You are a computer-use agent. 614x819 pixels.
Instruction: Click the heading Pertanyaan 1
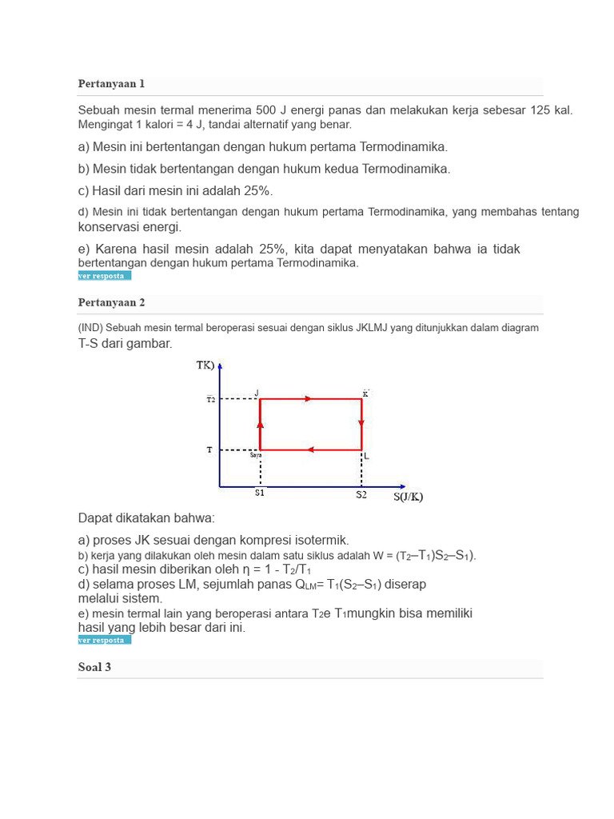111,84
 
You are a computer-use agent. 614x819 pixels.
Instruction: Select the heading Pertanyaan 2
111,302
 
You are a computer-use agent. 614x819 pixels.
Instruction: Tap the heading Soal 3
94,667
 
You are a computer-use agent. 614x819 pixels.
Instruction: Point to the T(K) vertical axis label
205,366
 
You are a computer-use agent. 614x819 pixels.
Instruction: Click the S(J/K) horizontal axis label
408,497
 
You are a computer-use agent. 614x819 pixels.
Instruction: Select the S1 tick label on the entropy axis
260,493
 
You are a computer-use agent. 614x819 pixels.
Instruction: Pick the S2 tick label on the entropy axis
361,494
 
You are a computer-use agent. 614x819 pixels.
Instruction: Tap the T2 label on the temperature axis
210,399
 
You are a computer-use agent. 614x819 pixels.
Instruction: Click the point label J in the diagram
257,392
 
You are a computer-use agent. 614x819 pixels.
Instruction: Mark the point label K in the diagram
365,393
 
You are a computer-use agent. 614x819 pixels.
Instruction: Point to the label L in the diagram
366,456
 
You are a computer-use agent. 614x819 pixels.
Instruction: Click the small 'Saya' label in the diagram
255,455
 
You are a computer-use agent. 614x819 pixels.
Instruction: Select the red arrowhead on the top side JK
308,398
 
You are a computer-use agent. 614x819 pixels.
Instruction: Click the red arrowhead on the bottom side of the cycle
311,449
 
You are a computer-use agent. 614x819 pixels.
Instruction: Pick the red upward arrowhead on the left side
261,423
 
